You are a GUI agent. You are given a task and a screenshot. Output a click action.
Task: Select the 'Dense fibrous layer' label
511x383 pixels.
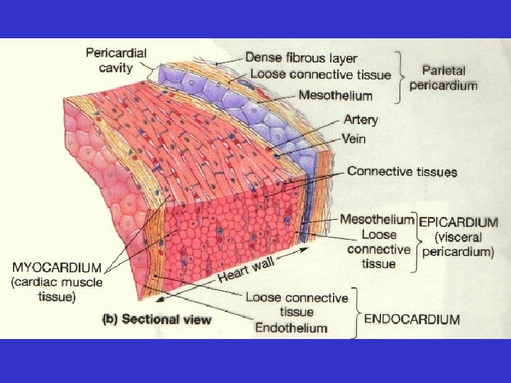pos(301,57)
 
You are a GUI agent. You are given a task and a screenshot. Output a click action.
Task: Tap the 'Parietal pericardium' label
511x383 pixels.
pos(449,78)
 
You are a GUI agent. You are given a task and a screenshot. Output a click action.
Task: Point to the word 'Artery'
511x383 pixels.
pos(362,121)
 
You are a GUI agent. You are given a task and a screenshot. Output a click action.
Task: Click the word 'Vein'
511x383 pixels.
pos(353,139)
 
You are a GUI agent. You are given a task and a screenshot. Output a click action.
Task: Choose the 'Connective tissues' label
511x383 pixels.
pos(402,171)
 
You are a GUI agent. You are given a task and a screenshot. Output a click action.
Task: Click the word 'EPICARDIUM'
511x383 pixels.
pos(458,221)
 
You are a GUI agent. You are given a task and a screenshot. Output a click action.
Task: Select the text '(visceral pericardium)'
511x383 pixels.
pos(458,245)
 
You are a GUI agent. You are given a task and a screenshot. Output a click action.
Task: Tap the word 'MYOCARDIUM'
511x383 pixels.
pos(57,268)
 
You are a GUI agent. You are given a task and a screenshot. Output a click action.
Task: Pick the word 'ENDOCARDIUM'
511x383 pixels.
pos(412,319)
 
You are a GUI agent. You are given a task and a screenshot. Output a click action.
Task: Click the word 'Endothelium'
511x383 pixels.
pos(291,327)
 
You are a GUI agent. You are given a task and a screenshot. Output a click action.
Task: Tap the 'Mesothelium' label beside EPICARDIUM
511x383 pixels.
pos(378,219)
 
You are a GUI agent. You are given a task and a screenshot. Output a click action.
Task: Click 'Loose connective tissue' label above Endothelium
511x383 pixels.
pos(297,304)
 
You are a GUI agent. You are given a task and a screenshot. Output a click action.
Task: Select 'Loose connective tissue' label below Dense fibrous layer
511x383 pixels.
pos(320,74)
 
